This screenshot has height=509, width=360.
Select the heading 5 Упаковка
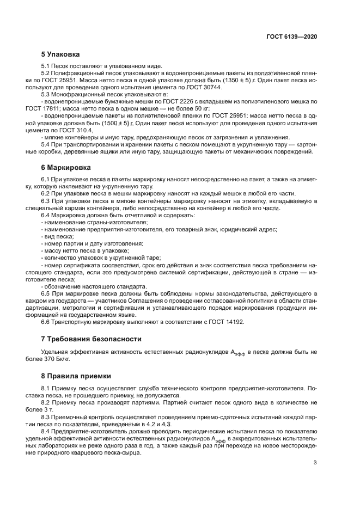click(x=60, y=54)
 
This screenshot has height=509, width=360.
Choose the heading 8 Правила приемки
click(x=76, y=376)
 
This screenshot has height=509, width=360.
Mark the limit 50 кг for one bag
click(x=171, y=108)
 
